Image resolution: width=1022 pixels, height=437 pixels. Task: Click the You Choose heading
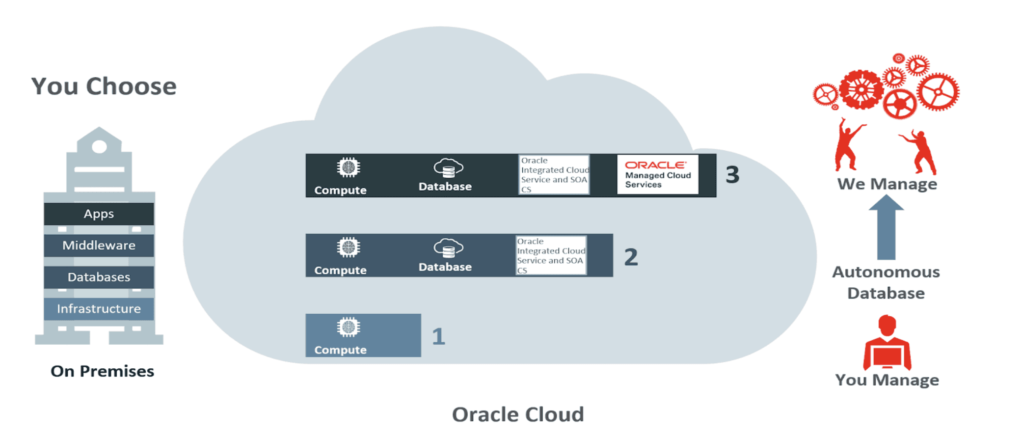pos(104,86)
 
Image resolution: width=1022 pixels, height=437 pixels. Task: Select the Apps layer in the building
pos(99,214)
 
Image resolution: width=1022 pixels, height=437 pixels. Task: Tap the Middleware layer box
pos(99,246)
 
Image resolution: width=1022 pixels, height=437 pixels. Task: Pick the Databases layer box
pos(99,277)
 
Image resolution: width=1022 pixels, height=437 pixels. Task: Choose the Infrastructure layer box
pos(99,309)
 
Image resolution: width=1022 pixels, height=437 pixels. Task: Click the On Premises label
pos(102,371)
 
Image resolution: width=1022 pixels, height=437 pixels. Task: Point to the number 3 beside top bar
pos(732,175)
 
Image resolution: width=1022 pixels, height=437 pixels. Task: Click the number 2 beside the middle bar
pos(631,257)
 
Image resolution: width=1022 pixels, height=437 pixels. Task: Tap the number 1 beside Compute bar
pos(438,337)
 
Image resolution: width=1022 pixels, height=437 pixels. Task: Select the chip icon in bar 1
pos(349,327)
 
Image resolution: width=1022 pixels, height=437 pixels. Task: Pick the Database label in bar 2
pos(445,267)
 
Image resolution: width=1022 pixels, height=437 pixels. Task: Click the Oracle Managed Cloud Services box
pos(657,175)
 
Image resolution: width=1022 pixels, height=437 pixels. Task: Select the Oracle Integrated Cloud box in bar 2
pos(551,255)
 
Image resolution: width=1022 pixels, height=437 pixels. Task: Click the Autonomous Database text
pos(886,282)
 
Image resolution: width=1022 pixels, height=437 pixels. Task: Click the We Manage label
pos(887,184)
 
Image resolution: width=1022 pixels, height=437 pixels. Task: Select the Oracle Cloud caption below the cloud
pos(518,414)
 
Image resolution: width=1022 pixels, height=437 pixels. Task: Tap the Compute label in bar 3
pos(340,191)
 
